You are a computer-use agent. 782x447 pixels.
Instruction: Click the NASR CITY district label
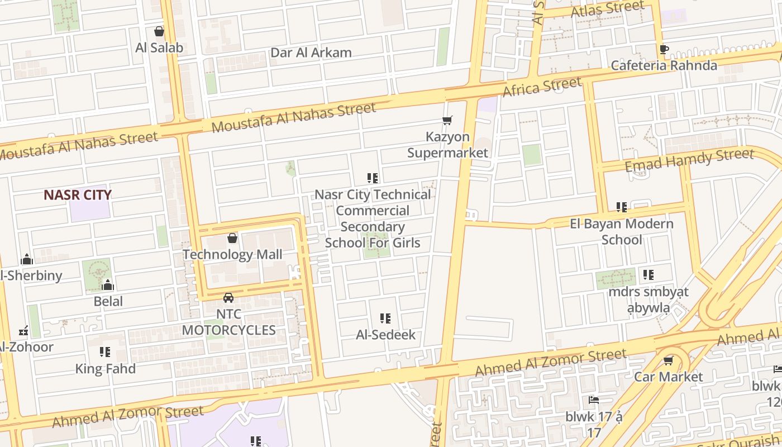click(78, 195)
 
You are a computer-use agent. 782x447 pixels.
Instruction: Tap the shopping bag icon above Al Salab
click(159, 31)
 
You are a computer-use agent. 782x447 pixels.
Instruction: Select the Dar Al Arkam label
click(311, 53)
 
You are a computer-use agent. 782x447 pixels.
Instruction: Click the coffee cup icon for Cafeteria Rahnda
click(664, 49)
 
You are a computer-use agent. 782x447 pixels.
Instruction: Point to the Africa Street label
click(542, 87)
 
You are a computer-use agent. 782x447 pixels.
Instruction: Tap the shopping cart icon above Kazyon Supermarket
click(447, 120)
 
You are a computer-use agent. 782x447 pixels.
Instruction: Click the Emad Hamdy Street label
click(689, 160)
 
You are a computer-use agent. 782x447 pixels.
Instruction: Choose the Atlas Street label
click(608, 9)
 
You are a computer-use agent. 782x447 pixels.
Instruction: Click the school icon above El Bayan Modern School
click(622, 207)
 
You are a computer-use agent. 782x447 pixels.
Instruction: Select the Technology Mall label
click(232, 255)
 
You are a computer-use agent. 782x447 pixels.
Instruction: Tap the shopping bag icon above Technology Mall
click(232, 239)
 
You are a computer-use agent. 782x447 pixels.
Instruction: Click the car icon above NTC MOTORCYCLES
click(228, 297)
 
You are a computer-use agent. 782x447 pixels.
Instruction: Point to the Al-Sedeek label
click(386, 335)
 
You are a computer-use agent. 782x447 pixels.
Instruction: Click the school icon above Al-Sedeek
click(385, 318)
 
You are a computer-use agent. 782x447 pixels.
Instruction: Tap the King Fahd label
click(106, 369)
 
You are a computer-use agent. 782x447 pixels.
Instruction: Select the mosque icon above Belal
click(108, 286)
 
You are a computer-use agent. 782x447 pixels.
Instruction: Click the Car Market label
click(668, 377)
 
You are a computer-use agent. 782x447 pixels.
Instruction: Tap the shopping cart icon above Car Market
click(668, 360)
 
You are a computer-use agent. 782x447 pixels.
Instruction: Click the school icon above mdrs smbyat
click(648, 275)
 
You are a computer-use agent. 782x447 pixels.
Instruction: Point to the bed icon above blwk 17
click(593, 400)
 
